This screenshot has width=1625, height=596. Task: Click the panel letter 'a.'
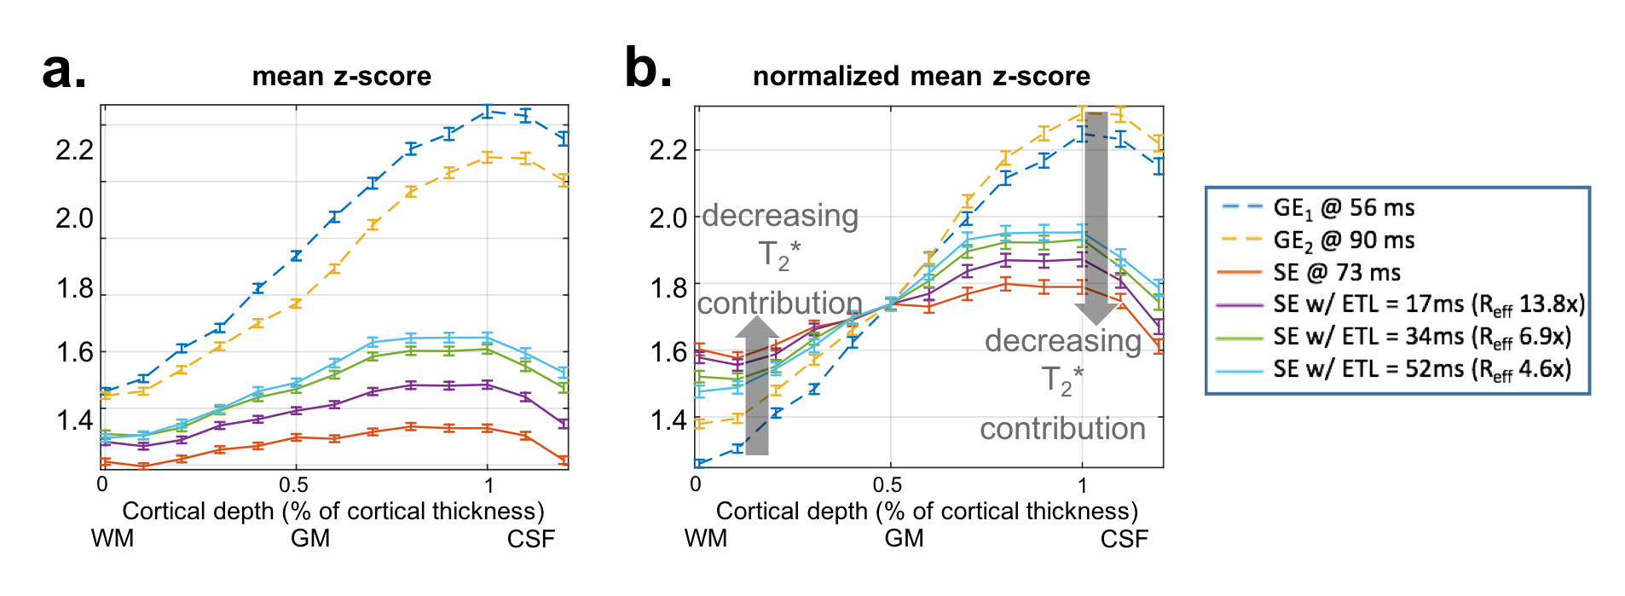click(64, 71)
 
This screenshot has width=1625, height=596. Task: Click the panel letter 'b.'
click(648, 68)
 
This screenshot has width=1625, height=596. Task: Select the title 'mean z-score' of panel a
click(341, 77)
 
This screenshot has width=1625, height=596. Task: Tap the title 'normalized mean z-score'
click(921, 77)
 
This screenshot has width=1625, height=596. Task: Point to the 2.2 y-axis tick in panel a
click(74, 150)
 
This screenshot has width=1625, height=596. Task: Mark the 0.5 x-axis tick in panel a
click(295, 485)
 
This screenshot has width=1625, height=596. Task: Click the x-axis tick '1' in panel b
click(1082, 485)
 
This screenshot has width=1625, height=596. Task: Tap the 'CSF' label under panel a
click(530, 539)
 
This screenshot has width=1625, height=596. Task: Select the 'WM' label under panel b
click(705, 539)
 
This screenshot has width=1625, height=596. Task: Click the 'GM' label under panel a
click(310, 539)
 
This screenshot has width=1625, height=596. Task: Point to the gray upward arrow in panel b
click(757, 384)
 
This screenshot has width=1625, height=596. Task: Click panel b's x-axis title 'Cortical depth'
click(927, 512)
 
